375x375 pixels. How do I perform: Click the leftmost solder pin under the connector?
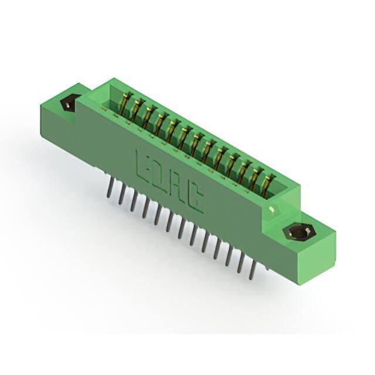click(110, 187)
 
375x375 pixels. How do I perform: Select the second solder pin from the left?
click(122, 195)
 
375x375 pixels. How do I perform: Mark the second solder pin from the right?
click(240, 263)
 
